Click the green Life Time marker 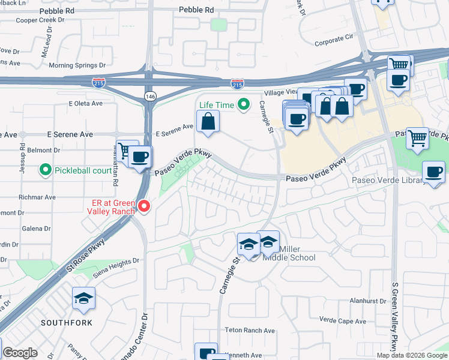[243, 105]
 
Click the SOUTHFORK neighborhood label [67, 323]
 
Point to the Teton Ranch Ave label [250, 331]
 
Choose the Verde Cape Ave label [343, 320]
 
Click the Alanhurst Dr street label [367, 301]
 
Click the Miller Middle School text [288, 253]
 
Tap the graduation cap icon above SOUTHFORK [83, 298]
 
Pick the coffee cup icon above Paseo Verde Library [433, 172]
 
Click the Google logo [20, 353]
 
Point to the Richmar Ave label [37, 197]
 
